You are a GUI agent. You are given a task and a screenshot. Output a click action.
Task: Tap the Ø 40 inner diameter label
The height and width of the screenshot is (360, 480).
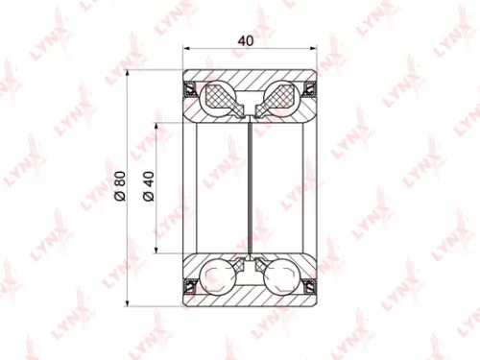tap(149, 185)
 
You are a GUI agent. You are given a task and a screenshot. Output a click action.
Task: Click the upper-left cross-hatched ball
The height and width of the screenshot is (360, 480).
tap(222, 96)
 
